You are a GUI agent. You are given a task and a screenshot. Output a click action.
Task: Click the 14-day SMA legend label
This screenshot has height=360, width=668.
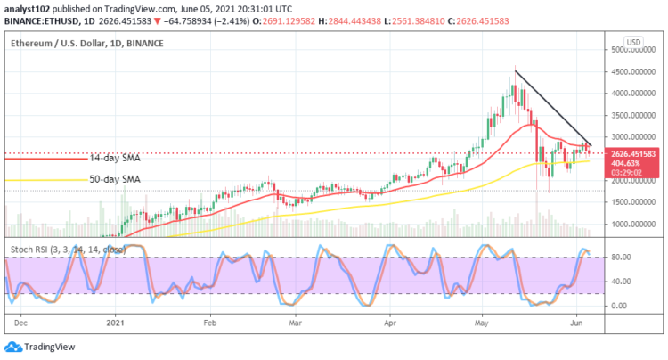pyautogui.click(x=113, y=159)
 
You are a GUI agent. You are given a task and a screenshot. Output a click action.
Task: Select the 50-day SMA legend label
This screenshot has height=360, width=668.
pyautogui.click(x=113, y=180)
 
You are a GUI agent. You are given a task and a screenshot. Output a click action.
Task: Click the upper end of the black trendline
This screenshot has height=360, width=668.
pyautogui.click(x=516, y=70)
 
